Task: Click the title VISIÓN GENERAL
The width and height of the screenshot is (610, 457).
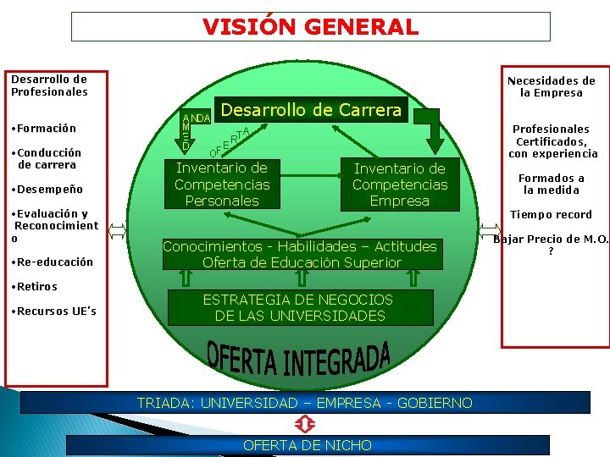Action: click(310, 26)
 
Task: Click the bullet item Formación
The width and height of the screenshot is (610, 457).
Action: click(43, 129)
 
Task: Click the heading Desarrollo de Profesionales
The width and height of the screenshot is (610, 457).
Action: click(49, 85)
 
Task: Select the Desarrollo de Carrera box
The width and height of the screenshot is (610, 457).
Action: click(310, 110)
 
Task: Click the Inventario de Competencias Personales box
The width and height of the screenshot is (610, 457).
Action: click(222, 184)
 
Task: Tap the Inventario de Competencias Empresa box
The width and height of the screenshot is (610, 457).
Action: click(400, 184)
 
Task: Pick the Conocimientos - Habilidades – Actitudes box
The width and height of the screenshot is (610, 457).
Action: click(300, 254)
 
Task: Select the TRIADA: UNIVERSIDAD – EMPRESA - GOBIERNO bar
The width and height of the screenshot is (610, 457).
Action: click(305, 403)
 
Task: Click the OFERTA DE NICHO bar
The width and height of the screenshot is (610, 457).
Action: click(307, 445)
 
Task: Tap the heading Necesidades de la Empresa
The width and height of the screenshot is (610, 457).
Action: click(551, 86)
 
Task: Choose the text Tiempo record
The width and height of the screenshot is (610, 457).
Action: click(551, 214)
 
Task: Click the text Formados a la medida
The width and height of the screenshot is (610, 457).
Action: click(552, 184)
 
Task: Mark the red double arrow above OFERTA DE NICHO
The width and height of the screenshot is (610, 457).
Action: click(306, 424)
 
